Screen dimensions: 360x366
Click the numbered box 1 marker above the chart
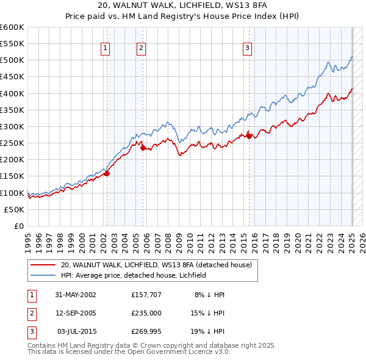tap(105, 48)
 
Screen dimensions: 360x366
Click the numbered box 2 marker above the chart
tap(141, 48)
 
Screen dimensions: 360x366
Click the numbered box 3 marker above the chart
tap(247, 48)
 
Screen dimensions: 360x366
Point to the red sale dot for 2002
tap(107, 173)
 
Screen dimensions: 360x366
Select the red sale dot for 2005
tap(143, 148)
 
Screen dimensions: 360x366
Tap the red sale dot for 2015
tap(249, 136)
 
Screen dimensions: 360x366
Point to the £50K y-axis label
tap(15, 209)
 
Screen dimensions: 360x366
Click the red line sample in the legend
tap(43, 265)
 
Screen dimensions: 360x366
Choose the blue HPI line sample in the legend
tap(43, 275)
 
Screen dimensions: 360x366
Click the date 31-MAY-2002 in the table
tap(76, 295)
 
